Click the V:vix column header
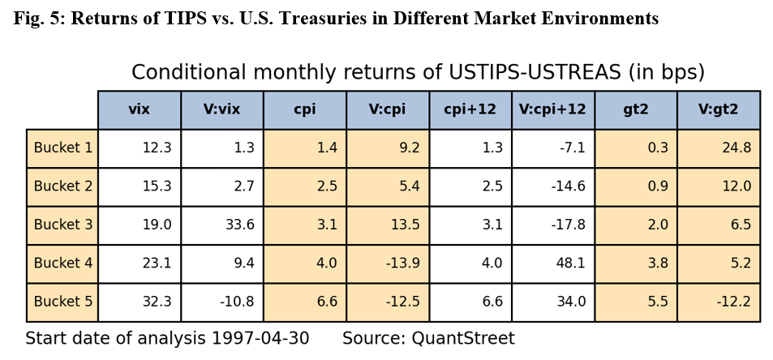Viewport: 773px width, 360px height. coord(221,109)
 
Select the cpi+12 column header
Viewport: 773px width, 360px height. coord(470,109)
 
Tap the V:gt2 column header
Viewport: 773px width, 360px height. coord(718,109)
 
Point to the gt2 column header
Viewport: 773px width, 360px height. coord(635,109)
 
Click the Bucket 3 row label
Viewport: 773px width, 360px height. coord(63,225)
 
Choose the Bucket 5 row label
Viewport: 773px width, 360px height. coord(63,302)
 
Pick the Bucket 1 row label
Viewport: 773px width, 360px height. coord(63,148)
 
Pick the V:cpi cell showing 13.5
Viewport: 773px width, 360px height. coord(405,225)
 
